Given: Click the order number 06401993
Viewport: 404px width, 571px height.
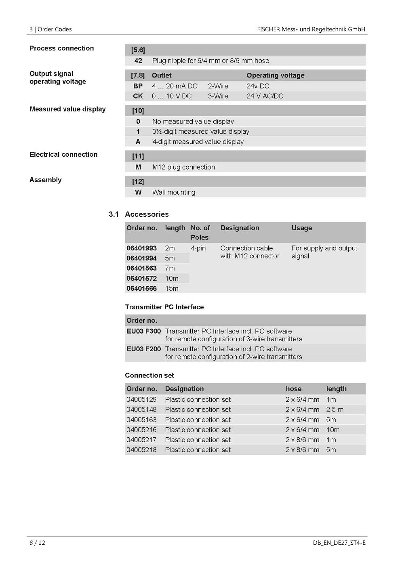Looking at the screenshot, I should click(x=141, y=248).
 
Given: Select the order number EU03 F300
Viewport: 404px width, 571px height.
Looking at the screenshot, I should click(x=143, y=331).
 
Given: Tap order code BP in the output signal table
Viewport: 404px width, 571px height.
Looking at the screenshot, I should click(x=138, y=86).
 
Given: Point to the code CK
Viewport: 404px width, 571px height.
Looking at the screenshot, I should click(x=138, y=96).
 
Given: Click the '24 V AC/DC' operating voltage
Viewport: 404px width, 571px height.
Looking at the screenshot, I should click(x=265, y=96).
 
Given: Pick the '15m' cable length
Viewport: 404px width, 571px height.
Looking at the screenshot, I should click(x=172, y=288).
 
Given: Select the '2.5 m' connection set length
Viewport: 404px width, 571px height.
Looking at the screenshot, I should click(x=335, y=409).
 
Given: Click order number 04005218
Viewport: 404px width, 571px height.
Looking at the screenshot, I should click(x=141, y=450).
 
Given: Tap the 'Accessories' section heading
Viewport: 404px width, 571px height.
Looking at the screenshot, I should click(x=147, y=214).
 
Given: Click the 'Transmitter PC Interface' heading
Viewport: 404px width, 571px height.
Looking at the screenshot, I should click(x=164, y=307).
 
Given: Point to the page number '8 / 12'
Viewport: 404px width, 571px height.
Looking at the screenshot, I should click(x=38, y=543).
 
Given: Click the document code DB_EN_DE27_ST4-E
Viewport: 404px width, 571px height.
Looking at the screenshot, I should click(x=339, y=543).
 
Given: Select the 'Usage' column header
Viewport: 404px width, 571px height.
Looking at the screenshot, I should click(x=302, y=228).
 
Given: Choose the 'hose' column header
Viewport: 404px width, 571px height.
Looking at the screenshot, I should click(x=294, y=389).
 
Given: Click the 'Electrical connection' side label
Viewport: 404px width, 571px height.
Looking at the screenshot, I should click(x=63, y=154).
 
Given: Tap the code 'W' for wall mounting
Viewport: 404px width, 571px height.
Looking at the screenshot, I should click(x=138, y=192).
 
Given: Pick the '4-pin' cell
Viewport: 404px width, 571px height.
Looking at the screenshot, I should click(x=198, y=248).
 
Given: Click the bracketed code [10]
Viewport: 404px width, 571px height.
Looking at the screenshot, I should click(x=138, y=111).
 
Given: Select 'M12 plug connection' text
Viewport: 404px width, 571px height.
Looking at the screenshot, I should click(x=184, y=167).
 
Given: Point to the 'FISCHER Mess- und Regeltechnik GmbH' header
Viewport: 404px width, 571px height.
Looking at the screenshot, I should click(x=311, y=29).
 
